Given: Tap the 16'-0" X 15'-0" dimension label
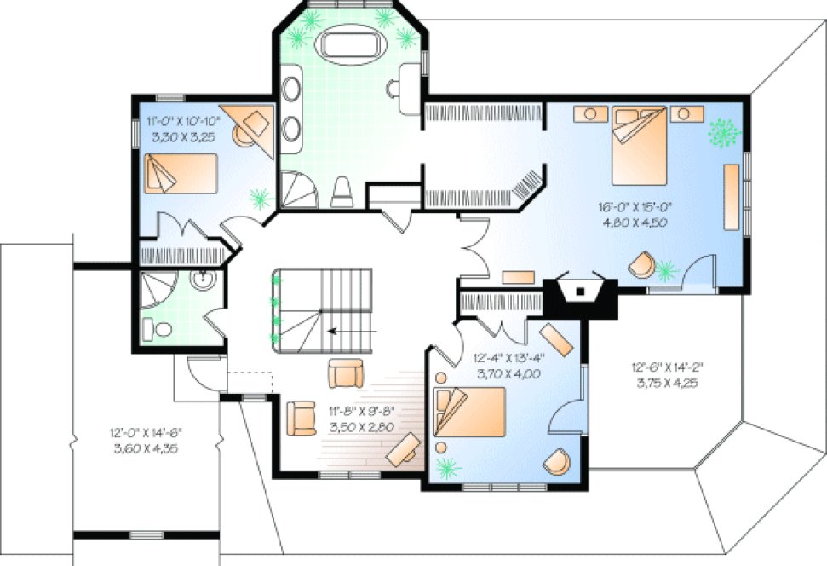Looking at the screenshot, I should (x=631, y=214).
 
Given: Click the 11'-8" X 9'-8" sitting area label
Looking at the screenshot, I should (x=362, y=419).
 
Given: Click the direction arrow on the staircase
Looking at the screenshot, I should (x=344, y=332).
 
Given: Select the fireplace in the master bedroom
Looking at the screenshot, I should (x=579, y=292).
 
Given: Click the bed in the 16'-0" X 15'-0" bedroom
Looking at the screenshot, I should (x=638, y=145).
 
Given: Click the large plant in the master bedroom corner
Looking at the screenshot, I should (x=724, y=133).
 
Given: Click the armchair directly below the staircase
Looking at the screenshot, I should (x=346, y=373).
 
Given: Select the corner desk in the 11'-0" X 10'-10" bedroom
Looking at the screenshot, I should (x=254, y=126).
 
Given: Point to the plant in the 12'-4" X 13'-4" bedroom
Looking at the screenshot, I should (x=444, y=465).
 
